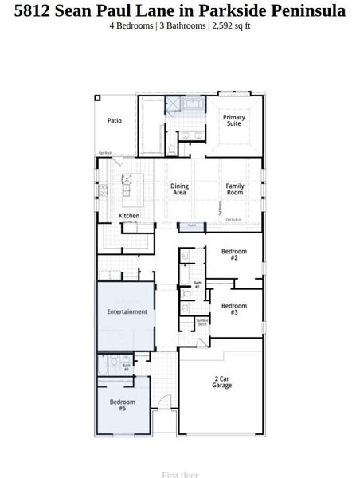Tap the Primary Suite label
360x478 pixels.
pos(234,121)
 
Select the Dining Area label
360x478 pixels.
pos(179,190)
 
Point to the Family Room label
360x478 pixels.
pos(234,190)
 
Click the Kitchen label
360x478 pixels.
pos(129,216)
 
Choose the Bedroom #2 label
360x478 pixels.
pos(234,255)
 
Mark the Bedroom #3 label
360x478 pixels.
pos(234,309)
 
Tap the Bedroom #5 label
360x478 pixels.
pos(122,405)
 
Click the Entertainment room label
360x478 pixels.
pos(127,311)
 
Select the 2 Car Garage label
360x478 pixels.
pos(221,382)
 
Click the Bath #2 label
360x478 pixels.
pos(197,284)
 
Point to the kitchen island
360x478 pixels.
pos(126,189)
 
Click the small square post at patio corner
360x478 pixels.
pos(97,98)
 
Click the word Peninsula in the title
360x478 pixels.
pos(312,11)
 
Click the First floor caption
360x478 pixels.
pos(180,474)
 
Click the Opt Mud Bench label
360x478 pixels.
pos(202,322)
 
